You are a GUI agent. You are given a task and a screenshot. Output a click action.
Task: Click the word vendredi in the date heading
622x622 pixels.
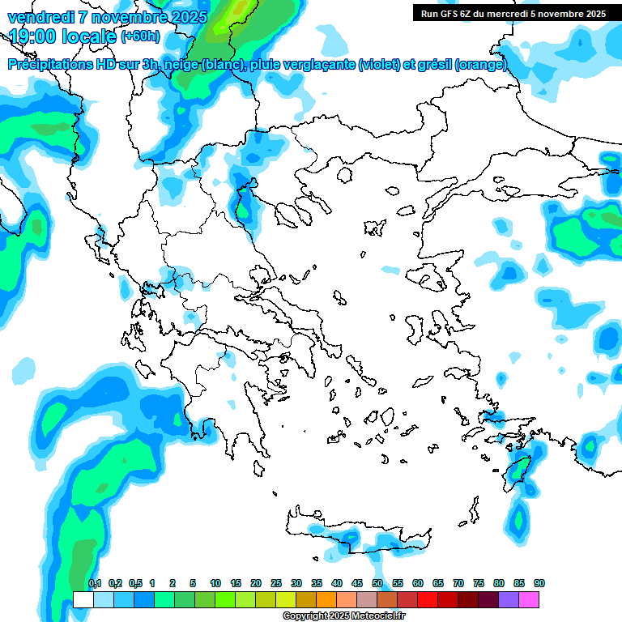[x=40, y=16]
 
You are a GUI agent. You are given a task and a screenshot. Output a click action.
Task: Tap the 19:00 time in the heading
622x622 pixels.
[x=31, y=36]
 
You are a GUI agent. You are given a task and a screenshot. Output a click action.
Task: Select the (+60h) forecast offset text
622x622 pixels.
[x=139, y=36]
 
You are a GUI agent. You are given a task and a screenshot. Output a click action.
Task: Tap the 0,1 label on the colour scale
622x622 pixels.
[x=95, y=583]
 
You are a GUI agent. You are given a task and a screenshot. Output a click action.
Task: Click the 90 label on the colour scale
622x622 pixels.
[x=539, y=583]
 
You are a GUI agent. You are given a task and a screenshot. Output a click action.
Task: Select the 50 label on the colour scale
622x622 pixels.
[x=377, y=583]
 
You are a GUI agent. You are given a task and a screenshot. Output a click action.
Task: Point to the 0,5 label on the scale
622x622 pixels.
[x=135, y=583]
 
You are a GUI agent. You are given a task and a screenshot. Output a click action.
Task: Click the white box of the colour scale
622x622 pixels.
[x=83, y=599]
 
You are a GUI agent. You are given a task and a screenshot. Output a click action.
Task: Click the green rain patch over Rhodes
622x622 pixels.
[x=516, y=471]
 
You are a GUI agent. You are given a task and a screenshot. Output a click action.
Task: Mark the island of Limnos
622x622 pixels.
[x=374, y=228]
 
